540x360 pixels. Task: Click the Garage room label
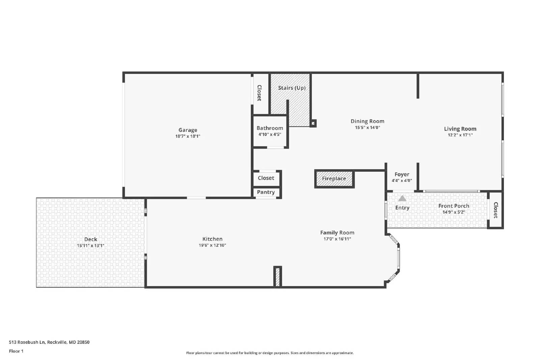click(x=188, y=130)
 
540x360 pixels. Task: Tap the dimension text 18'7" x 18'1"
click(x=188, y=136)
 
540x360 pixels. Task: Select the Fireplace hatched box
click(x=334, y=179)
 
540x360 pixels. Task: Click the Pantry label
click(x=266, y=192)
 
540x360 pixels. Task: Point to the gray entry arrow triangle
click(x=402, y=198)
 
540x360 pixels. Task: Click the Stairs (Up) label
click(x=292, y=88)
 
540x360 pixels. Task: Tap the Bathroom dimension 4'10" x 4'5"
click(x=270, y=134)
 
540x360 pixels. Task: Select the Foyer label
click(x=402, y=174)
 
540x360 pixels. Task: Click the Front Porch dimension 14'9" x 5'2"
click(x=454, y=212)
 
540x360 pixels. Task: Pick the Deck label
click(x=90, y=239)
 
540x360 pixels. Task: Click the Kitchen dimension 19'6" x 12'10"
click(x=212, y=245)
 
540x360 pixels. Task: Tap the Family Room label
click(x=337, y=232)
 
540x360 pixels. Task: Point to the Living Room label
click(x=460, y=129)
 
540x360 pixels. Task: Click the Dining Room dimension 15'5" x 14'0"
click(x=367, y=128)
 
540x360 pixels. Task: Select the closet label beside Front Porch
click(x=495, y=210)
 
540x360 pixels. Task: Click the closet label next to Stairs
click(x=259, y=93)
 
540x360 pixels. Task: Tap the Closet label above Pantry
click(x=266, y=178)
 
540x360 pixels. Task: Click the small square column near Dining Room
click(x=313, y=123)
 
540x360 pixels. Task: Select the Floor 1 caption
click(x=16, y=351)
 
